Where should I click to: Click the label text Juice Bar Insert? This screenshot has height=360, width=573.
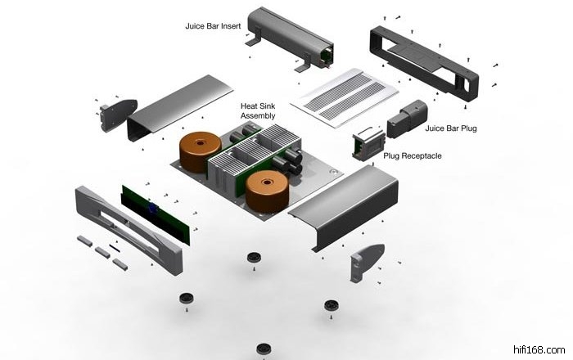213,26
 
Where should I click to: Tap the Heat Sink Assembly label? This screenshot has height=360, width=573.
258,111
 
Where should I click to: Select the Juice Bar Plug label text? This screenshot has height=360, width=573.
451,128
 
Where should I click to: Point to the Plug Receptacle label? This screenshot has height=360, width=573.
413,156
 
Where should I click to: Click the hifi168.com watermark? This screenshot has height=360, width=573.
539,350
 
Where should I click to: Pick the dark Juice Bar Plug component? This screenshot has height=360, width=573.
407,119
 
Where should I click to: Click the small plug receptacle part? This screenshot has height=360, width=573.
368,144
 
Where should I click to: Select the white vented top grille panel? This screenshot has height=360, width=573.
345,97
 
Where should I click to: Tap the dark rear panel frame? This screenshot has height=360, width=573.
424,63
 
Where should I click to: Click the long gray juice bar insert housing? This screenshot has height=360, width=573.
291,38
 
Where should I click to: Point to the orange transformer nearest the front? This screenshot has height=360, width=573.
267,191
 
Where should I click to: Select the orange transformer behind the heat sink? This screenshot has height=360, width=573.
200,151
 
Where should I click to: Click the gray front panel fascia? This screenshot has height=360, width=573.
129,230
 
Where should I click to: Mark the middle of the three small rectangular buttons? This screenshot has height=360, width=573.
102,252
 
